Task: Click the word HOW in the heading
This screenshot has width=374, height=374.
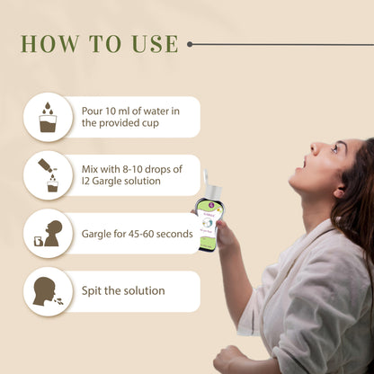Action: pyautogui.click(x=49, y=44)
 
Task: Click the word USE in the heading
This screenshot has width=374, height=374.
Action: pyautogui.click(x=155, y=44)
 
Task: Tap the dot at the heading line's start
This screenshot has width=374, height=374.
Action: pyautogui.click(x=190, y=44)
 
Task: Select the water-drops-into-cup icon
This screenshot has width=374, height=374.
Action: pyautogui.click(x=48, y=117)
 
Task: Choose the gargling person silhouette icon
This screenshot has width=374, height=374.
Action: pyautogui.click(x=49, y=234)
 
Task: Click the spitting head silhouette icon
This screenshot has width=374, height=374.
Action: pyautogui.click(x=48, y=291)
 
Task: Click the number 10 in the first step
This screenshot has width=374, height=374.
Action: pyautogui.click(x=110, y=111)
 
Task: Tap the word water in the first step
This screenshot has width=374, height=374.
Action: pyautogui.click(x=156, y=111)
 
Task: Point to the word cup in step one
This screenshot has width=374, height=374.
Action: pyautogui.click(x=150, y=123)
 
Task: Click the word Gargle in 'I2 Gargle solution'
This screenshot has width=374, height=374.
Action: pyautogui.click(x=105, y=182)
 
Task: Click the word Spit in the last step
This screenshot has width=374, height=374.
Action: pyautogui.click(x=92, y=291)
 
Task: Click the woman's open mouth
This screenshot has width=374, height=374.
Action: pyautogui.click(x=304, y=164)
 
